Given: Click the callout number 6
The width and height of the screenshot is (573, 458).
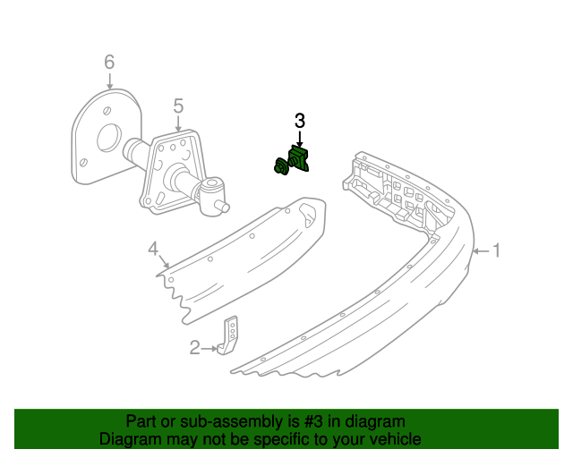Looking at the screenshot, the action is pos(109,62).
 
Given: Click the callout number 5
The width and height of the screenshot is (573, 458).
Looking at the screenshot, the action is pos(178,106).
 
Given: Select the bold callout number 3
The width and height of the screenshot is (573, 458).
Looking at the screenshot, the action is pos(300,121).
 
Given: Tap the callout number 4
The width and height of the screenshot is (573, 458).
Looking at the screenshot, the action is pos(153,249).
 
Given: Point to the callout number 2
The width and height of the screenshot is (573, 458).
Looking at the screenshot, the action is pos(195,348).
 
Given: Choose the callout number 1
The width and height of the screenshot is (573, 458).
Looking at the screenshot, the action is pos(496,250).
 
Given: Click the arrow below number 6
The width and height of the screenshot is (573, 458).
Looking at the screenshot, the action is pos(109,81).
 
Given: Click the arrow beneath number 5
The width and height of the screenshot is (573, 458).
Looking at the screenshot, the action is pos(178,123).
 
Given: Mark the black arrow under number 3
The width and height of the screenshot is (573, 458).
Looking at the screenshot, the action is pos(300,140).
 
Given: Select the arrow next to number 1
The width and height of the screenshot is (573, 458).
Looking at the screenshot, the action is pos(481,251).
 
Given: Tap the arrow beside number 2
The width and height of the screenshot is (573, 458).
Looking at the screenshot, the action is pos(209,349).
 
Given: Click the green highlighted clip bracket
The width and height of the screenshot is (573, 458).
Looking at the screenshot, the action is pos(299,158).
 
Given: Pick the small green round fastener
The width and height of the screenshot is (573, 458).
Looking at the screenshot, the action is pos(280,166).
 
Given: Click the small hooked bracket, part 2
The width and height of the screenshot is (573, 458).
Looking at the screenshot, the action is pos(229,335).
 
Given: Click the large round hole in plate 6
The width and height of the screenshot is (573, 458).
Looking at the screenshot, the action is pos(109,138).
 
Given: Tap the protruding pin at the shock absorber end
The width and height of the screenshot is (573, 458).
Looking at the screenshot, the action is pos(224,207).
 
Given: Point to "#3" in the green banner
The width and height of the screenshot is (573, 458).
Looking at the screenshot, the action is pos(313,421).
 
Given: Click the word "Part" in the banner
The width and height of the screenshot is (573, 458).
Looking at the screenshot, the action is pos(141,421).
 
